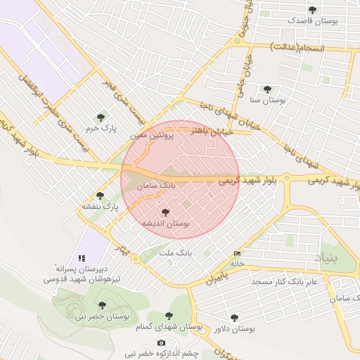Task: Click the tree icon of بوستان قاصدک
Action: click(x=312, y=10)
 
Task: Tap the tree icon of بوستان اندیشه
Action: click(x=166, y=212)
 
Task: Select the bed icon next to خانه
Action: click(x=236, y=254)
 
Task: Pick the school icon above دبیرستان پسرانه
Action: click(x=81, y=258)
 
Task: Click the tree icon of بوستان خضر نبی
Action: click(x=103, y=305)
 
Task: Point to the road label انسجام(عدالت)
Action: click(x=303, y=47)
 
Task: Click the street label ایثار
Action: click(x=121, y=250)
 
